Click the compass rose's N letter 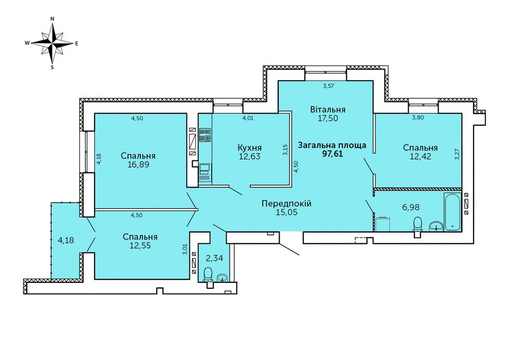[x=52, y=19]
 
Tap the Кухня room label [x=250, y=148]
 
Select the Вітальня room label [x=328, y=110]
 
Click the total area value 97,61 [x=333, y=154]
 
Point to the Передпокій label [x=287, y=204]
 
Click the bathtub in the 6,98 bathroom [x=452, y=211]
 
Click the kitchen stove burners [x=205, y=135]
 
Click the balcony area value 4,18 [x=66, y=241]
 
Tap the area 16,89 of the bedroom [x=138, y=164]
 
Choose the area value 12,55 [x=140, y=245]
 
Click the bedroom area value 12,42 [x=421, y=156]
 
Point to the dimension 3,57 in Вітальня [x=329, y=86]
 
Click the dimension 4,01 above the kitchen [x=248, y=118]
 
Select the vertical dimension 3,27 [x=458, y=154]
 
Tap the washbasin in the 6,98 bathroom [x=437, y=226]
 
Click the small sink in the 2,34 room [x=223, y=278]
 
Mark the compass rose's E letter [x=77, y=43]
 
